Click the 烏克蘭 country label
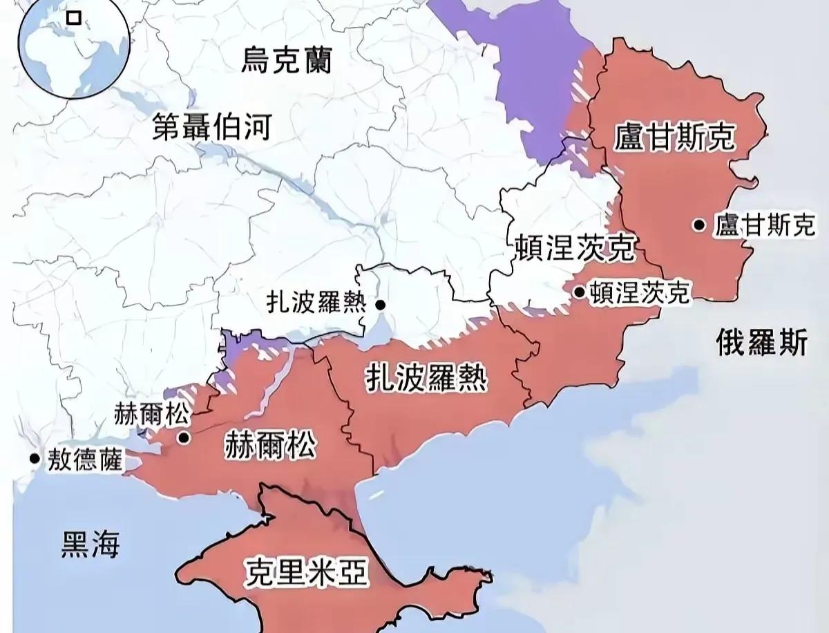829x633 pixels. tap(286, 61)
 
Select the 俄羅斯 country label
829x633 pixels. tap(761, 342)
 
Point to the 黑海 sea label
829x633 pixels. tap(90, 545)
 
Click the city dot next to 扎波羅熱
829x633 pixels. tap(381, 304)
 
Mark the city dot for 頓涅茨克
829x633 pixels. tap(579, 292)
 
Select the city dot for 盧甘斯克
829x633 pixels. tap(700, 225)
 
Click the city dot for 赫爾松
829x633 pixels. tap(184, 437)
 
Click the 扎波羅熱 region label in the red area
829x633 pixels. tap(426, 378)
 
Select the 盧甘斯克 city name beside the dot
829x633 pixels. tap(765, 225)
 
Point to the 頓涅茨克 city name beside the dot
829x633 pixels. tap(640, 293)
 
